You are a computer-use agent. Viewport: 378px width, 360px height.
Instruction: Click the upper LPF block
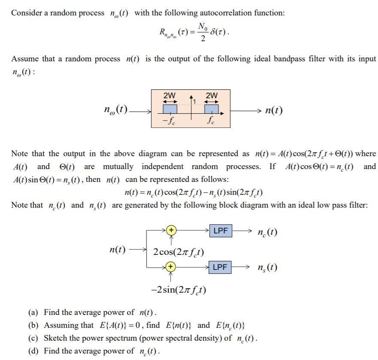coord(220,231)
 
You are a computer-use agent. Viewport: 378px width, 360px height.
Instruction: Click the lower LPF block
coord(220,267)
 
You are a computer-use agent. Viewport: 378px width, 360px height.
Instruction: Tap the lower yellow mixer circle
coord(171,267)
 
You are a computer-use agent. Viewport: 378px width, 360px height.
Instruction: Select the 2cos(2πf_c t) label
coord(178,251)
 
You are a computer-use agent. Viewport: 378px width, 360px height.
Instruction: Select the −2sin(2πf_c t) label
coord(178,290)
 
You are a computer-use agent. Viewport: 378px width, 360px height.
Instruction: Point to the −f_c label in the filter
coord(168,121)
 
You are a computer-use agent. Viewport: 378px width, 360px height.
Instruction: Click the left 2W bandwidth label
coord(169,95)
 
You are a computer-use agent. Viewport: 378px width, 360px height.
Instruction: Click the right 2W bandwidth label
coord(212,95)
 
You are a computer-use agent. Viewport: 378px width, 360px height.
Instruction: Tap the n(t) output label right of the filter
coord(274,110)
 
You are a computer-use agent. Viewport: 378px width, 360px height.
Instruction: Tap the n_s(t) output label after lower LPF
coord(267,268)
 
